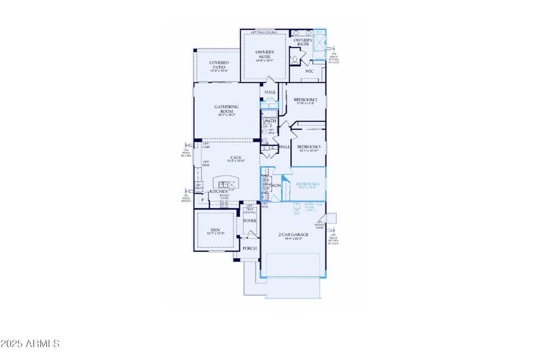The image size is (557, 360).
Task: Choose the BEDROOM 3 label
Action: click(309, 147)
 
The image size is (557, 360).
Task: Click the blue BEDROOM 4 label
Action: click(308, 184)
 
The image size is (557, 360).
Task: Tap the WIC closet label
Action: click(309, 71)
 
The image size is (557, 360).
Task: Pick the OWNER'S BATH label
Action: click(302, 42)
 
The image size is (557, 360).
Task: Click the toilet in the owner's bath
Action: click(296, 61)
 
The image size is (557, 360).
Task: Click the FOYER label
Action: click(250, 221)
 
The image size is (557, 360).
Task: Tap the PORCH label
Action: click(249, 248)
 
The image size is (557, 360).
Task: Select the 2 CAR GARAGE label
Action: click(294, 235)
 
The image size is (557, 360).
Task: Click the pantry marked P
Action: click(203, 200)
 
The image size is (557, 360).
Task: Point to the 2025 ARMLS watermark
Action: click(30, 344)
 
